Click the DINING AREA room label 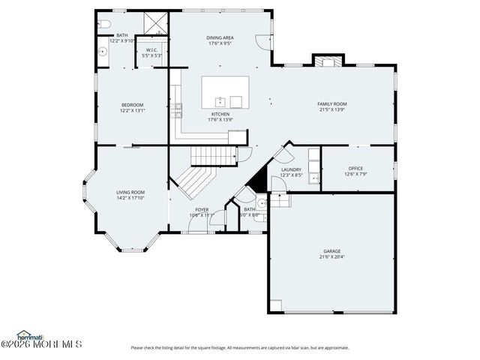[x=220, y=37]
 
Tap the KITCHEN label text [x=220, y=114]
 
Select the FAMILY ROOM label [x=332, y=103]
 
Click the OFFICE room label [x=355, y=168]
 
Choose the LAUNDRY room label [x=291, y=169]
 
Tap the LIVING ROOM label [x=130, y=193]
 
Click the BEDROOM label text [x=132, y=104]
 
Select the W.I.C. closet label [x=151, y=50]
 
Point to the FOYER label [x=202, y=209]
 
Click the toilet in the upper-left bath [x=104, y=24]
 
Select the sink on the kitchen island [x=220, y=100]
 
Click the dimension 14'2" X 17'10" [x=130, y=199]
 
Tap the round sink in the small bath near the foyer [x=261, y=202]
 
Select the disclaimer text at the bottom [x=240, y=347]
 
